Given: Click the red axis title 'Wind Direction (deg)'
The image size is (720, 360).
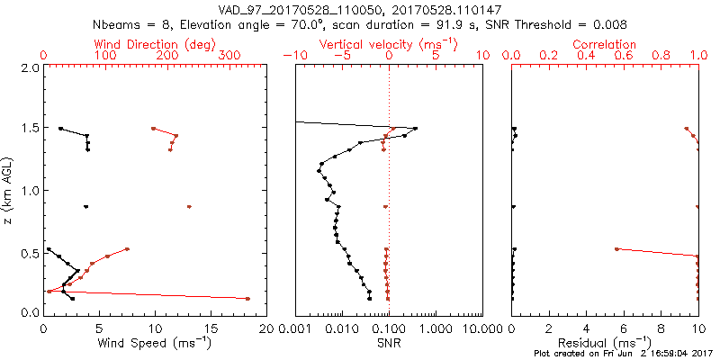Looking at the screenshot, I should pyautogui.click(x=156, y=44).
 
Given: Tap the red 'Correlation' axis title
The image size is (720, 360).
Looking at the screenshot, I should pyautogui.click(x=605, y=44).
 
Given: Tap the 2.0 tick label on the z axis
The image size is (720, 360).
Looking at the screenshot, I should pyautogui.click(x=30, y=68).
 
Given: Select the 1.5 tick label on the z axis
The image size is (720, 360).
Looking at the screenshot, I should pyautogui.click(x=30, y=130).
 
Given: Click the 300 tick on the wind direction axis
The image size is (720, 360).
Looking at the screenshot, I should pyautogui.click(x=229, y=56).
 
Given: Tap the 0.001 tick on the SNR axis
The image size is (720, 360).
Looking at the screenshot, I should pyautogui.click(x=295, y=328).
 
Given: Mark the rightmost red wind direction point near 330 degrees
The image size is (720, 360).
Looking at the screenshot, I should pyautogui.click(x=247, y=299).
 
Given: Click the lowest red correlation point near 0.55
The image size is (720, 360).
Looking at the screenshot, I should pyautogui.click(x=616, y=248).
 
